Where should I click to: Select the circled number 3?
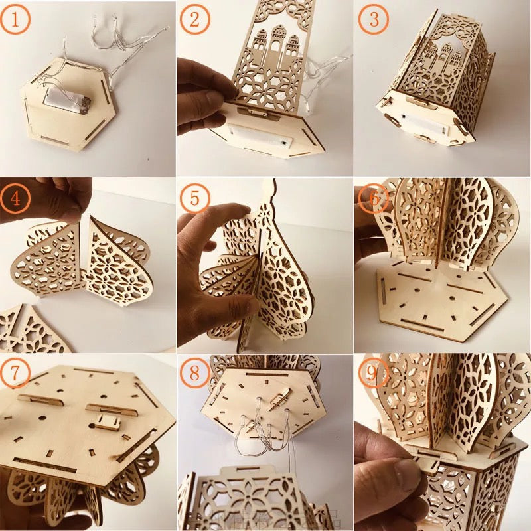(374, 21)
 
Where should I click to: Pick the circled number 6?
(372, 197)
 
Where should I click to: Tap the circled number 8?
(195, 374)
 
